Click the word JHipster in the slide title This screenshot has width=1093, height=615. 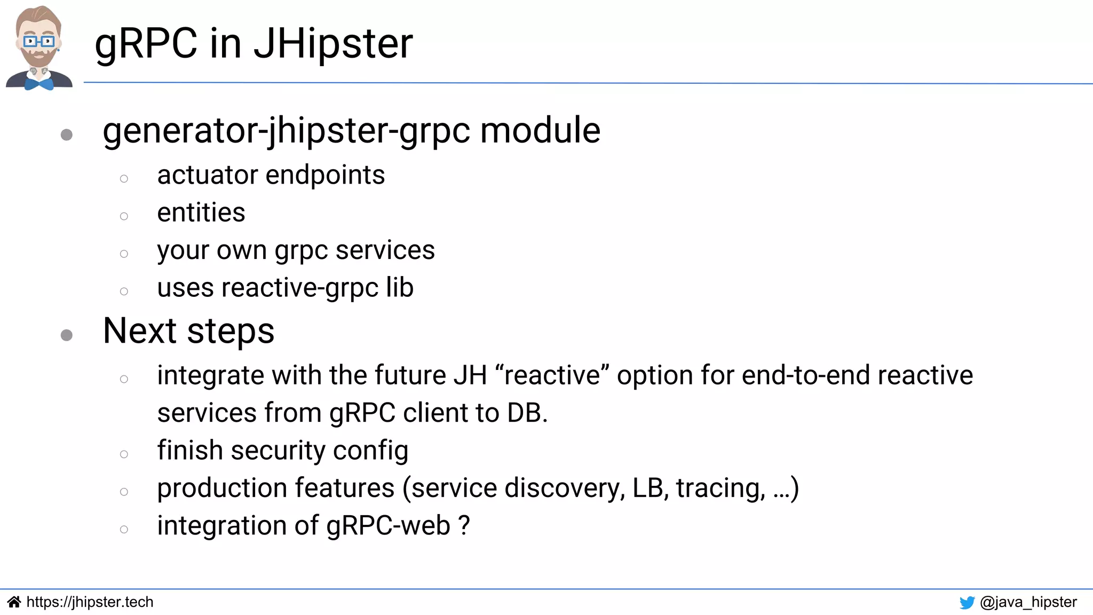tap(333, 44)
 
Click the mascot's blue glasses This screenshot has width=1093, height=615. tap(38, 41)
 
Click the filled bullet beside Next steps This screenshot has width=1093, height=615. tap(67, 335)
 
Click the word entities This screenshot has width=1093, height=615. tap(201, 213)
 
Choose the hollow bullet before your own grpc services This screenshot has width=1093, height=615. tap(124, 254)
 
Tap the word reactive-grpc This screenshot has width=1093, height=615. tap(300, 288)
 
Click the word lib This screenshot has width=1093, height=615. tap(400, 288)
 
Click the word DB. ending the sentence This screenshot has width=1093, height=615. tap(527, 413)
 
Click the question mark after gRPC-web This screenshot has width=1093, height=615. tap(464, 525)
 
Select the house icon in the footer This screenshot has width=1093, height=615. tap(14, 602)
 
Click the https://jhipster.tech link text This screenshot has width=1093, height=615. tap(90, 602)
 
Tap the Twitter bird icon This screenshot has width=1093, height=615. tap(967, 603)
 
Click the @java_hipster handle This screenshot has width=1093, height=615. tap(1028, 602)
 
